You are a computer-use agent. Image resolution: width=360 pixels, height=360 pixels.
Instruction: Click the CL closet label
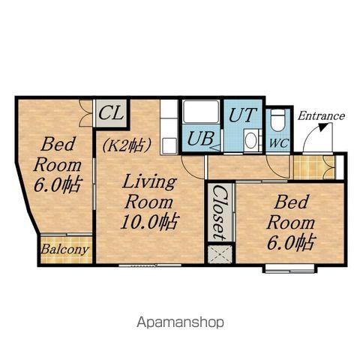(111, 113)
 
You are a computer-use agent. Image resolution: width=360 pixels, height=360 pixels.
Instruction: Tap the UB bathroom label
(201, 138)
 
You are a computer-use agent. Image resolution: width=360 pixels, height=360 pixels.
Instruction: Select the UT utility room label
(242, 115)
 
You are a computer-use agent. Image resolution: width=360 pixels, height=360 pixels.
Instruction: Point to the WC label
(279, 143)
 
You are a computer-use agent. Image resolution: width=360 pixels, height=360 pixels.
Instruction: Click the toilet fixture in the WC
(278, 120)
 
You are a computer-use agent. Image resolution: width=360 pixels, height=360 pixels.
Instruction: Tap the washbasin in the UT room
(251, 140)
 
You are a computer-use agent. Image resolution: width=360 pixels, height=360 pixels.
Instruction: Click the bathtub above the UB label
(201, 112)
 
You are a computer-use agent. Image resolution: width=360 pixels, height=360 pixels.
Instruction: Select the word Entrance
(321, 116)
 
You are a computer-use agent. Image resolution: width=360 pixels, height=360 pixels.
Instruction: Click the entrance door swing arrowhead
(324, 127)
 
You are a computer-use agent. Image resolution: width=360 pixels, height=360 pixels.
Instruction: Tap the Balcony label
(65, 250)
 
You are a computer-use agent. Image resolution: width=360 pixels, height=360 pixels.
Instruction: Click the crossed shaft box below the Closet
(220, 255)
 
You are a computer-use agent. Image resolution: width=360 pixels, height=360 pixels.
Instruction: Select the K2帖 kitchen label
(126, 145)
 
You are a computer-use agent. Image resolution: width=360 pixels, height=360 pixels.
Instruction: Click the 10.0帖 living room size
(150, 222)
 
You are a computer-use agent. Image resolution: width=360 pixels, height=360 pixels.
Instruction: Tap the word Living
(149, 182)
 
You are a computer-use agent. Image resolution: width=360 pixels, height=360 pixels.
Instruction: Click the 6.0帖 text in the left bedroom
(57, 185)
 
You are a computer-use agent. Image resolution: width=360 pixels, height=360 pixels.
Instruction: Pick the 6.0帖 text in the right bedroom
(290, 242)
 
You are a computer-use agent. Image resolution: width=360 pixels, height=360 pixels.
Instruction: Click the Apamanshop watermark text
(180, 322)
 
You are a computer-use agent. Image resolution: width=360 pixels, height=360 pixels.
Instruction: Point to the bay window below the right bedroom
(290, 269)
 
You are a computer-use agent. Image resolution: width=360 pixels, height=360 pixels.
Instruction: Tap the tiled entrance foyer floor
(314, 167)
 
